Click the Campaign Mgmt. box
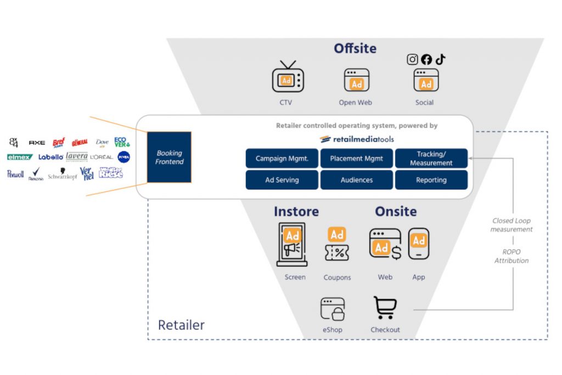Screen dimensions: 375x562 [282, 159]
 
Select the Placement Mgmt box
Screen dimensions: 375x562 [357, 159]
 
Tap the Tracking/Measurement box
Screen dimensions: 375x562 [431, 159]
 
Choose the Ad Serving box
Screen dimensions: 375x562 [282, 180]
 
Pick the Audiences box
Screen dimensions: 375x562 [357, 180]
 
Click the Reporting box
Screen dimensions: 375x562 [431, 180]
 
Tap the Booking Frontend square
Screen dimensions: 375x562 [169, 157]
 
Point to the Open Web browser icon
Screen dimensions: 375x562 [356, 80]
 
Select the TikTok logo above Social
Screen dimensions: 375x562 [440, 59]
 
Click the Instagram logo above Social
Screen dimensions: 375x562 [412, 59]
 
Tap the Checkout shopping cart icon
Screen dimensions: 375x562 [385, 307]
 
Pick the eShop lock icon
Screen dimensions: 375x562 [333, 309]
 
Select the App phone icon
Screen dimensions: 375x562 [419, 244]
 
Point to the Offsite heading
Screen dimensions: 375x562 [355, 48]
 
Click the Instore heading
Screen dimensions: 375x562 [296, 211]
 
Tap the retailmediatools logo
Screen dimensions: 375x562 [357, 139]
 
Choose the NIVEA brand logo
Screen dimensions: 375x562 [123, 157]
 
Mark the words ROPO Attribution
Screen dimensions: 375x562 [512, 256]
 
